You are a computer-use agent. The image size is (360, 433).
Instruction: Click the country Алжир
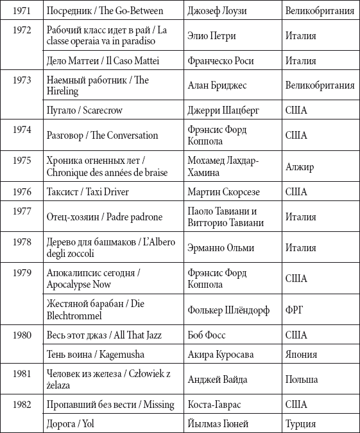coord(300,167)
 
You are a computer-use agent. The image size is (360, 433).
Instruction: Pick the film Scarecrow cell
coord(85,110)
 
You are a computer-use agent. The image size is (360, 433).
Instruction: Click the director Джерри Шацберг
coord(223,110)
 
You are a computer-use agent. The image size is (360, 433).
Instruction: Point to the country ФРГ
coord(294,310)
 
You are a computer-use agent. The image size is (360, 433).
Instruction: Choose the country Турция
coord(300,423)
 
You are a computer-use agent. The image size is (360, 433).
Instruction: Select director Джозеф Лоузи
coord(216,10)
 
